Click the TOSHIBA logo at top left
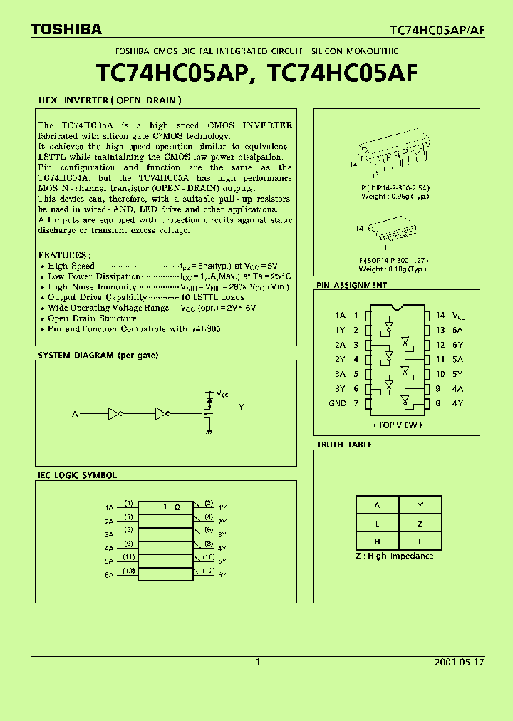tap(66, 29)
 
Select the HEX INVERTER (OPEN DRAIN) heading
tap(110, 100)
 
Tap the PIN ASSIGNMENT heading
tap(352, 285)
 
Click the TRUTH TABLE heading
tap(344, 445)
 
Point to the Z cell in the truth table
tap(420, 523)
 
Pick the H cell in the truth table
tap(377, 541)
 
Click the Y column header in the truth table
tap(420, 505)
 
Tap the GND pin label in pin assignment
tap(337, 403)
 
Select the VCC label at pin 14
tap(460, 315)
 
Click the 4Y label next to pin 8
tap(457, 403)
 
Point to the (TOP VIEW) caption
tap(398, 425)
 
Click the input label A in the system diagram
tap(75, 413)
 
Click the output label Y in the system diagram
tap(241, 407)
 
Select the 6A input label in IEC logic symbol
tap(109, 574)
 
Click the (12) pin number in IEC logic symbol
tap(208, 571)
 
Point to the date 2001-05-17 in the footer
tap(459, 662)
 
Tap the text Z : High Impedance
tap(394, 556)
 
